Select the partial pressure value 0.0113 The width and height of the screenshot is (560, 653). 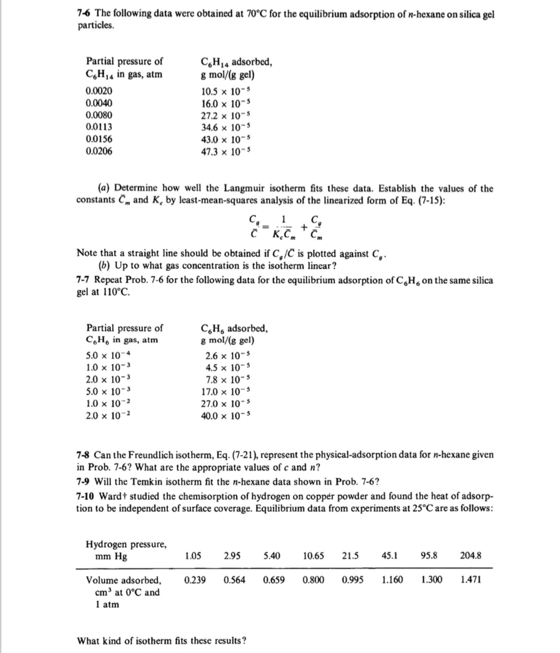click(x=99, y=127)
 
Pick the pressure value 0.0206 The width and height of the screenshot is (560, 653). click(x=99, y=151)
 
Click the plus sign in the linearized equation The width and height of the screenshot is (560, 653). click(x=305, y=227)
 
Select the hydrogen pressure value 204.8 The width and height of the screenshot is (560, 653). click(x=471, y=555)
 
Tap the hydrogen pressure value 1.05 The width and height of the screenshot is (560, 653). click(x=193, y=555)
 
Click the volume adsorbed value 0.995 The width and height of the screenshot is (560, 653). click(x=352, y=580)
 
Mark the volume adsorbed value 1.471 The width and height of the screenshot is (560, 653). click(x=471, y=580)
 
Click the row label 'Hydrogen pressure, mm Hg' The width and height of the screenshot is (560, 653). click(x=125, y=550)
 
